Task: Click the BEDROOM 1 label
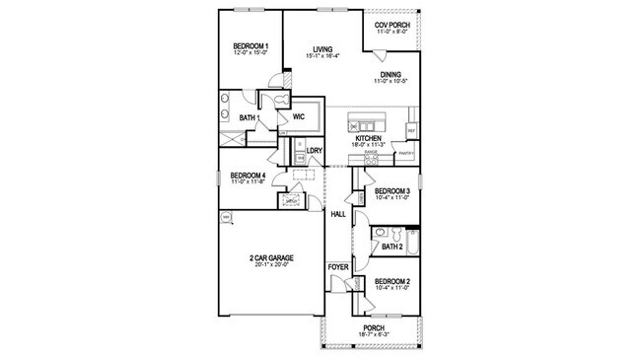pos(249,46)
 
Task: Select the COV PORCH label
pos(392,24)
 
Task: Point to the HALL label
pos(337,213)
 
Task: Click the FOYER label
pos(337,266)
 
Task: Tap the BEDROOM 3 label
pos(392,190)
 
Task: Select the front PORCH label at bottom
pos(373,328)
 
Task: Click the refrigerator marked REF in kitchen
pos(411,129)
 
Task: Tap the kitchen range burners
pos(371,158)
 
